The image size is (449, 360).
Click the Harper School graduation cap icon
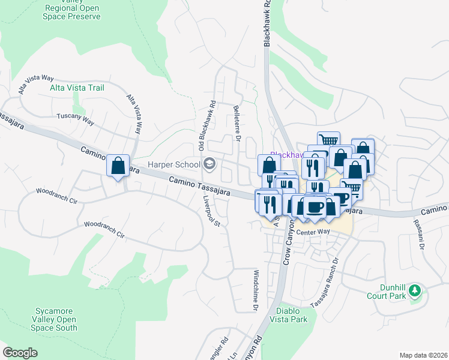tap(209, 163)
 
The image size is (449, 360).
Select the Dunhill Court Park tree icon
tap(414, 292)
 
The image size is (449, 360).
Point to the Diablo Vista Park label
tap(292, 315)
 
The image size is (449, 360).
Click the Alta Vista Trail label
tap(76, 88)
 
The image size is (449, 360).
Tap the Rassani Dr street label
tap(418, 234)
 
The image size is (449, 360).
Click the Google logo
tap(20, 352)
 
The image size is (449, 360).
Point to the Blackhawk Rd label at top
tap(268, 24)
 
